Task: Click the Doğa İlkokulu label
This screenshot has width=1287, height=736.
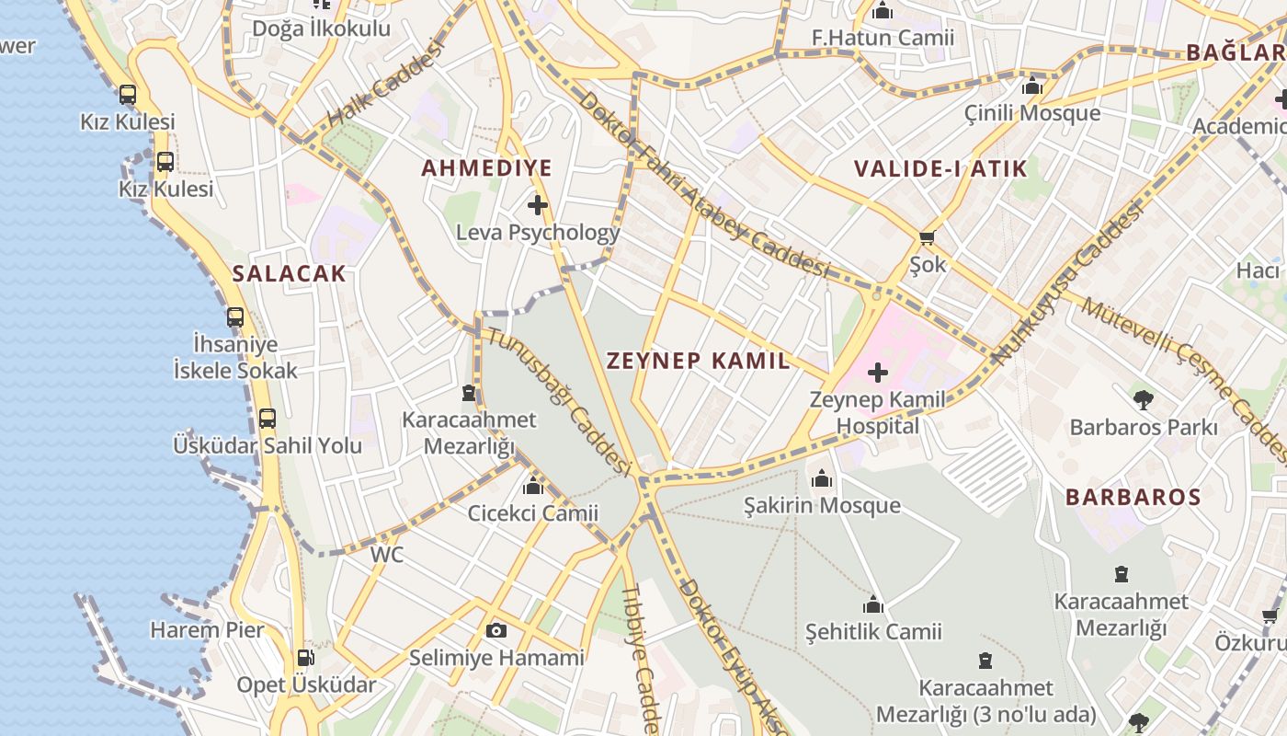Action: click(x=321, y=29)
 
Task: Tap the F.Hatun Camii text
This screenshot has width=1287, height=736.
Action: click(x=883, y=38)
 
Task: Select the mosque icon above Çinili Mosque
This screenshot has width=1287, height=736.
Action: click(x=1032, y=86)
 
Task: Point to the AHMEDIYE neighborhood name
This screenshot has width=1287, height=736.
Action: click(x=486, y=168)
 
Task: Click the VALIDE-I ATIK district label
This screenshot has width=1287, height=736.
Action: click(x=940, y=169)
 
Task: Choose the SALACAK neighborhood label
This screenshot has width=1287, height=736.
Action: click(x=289, y=273)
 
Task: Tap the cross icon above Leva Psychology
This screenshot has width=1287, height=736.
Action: click(x=538, y=205)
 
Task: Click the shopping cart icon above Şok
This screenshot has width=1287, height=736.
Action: click(x=928, y=238)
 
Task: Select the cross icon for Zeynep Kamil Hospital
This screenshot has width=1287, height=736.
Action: click(x=878, y=373)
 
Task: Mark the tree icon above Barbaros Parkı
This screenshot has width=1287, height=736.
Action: click(x=1143, y=400)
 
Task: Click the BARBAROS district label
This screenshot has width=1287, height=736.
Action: click(x=1133, y=498)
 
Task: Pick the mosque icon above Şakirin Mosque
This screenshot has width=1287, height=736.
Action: click(x=822, y=478)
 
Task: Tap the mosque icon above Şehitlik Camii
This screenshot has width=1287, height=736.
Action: click(x=873, y=604)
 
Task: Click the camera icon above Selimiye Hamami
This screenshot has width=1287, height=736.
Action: click(x=496, y=630)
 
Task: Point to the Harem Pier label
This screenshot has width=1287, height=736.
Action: click(x=207, y=630)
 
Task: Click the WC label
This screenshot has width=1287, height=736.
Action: click(x=387, y=555)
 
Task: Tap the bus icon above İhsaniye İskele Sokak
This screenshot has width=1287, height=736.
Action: click(x=235, y=317)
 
